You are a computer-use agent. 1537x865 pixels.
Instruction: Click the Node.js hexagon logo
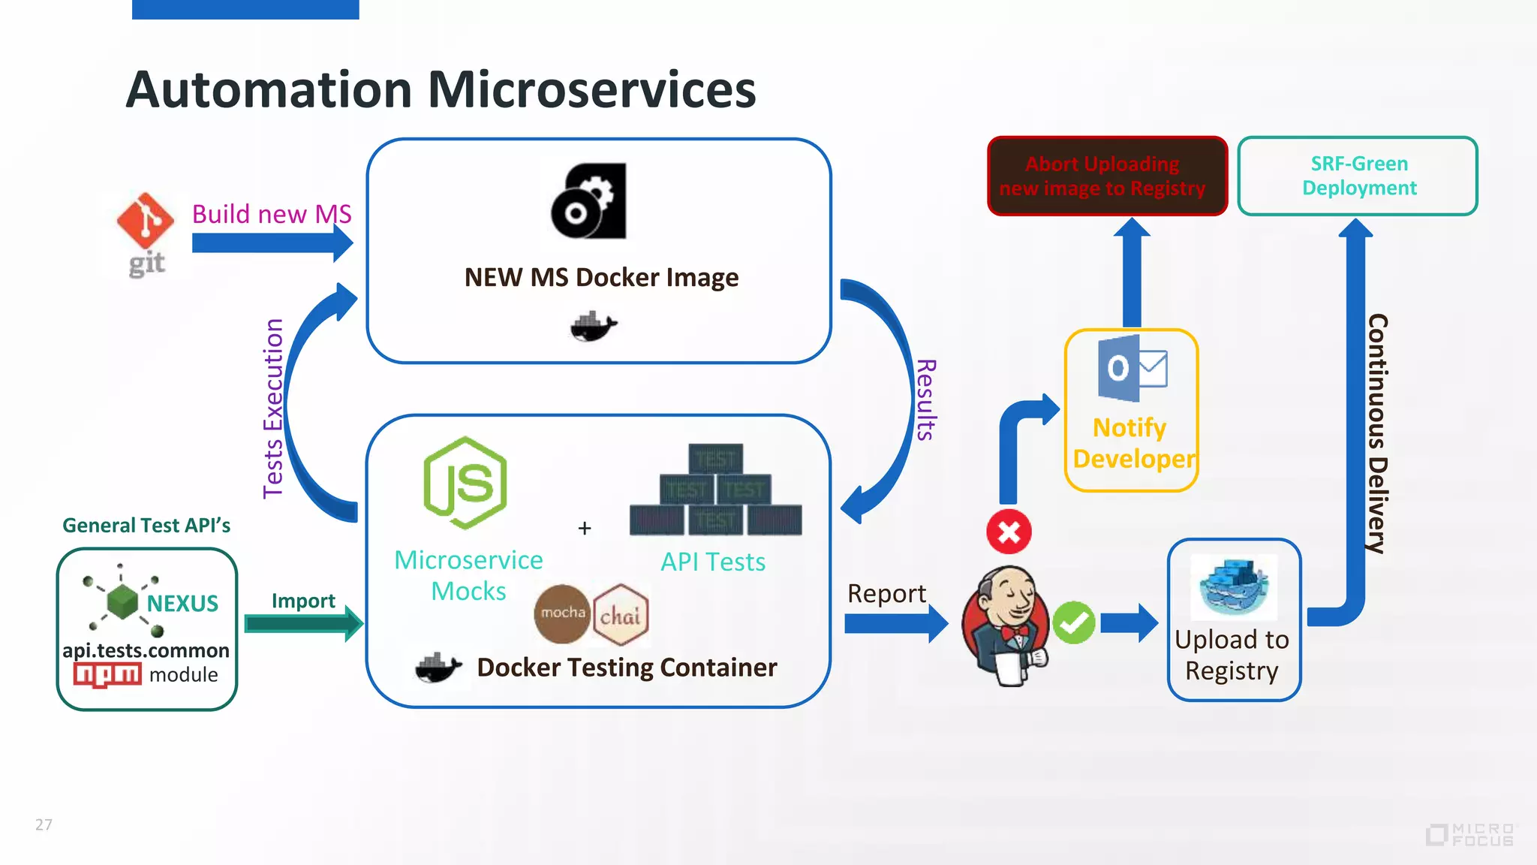pos(465,483)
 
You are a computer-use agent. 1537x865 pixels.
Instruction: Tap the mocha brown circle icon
pos(562,613)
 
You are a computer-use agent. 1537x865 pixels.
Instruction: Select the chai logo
pos(621,615)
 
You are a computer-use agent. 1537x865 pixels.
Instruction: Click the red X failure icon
pos(1009,532)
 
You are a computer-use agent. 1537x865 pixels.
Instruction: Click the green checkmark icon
pos(1073,622)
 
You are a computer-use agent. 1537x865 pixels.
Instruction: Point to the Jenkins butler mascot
pos(1005,625)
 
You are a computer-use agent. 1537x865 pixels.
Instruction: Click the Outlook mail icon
pos(1132,369)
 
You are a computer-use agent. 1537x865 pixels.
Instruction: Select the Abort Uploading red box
pos(1107,176)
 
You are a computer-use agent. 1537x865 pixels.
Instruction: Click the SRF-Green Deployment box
pos(1358,176)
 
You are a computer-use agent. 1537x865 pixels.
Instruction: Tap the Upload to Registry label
pos(1232,655)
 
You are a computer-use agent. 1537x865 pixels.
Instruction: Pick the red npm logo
pos(107,674)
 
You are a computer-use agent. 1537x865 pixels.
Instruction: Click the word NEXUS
pos(182,604)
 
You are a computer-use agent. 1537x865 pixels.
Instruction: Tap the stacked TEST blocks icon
pos(715,490)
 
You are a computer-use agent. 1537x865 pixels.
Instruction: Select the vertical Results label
pos(927,399)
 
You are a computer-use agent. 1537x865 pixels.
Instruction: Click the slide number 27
pos(44,824)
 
